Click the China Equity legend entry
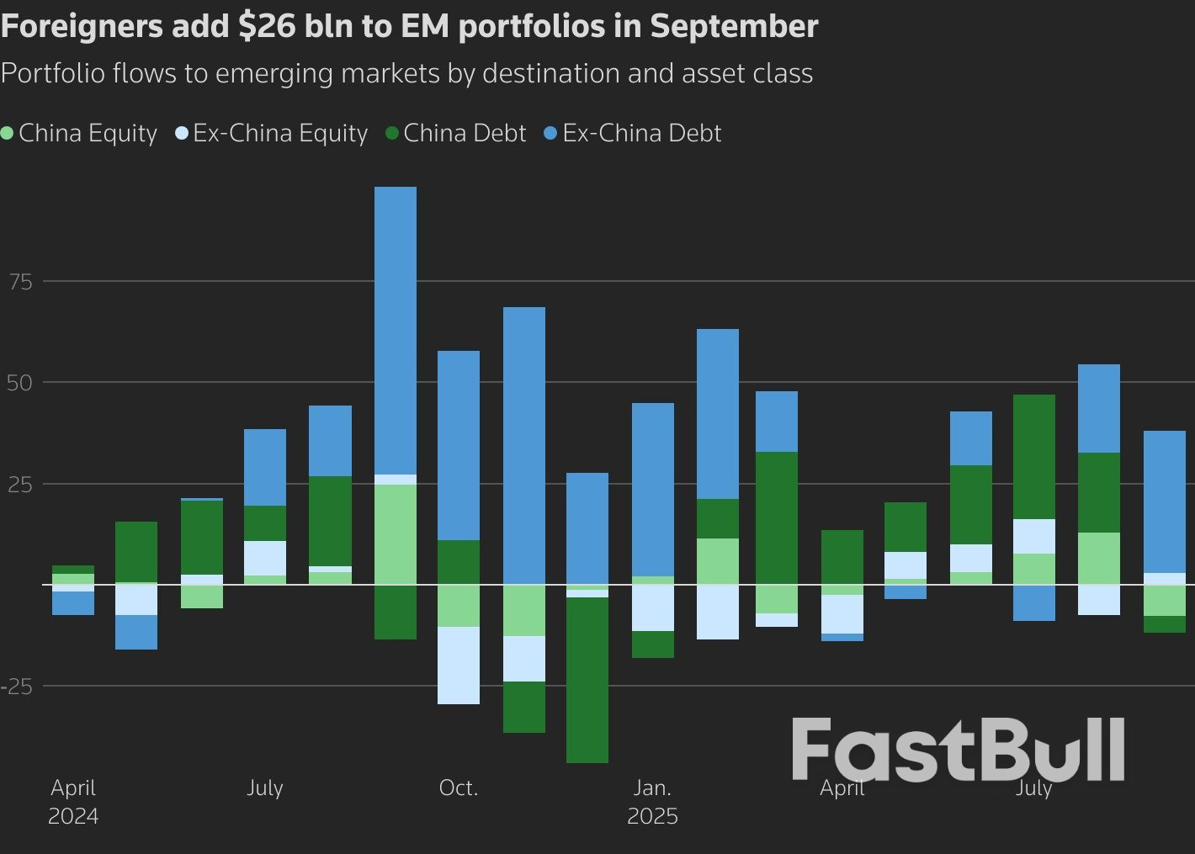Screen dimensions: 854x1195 80,133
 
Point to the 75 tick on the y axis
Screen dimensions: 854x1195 20,282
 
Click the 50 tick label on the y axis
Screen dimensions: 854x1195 20,383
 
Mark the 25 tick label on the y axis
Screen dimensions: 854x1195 20,485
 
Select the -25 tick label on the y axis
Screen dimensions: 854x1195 17,687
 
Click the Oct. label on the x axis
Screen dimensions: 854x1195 459,788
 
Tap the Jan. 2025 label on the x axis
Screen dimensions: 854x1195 652,802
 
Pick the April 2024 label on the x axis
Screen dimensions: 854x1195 73,802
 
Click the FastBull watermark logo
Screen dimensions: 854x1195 958,749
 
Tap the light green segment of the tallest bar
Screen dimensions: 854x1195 395,534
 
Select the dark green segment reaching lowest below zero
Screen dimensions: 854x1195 587,680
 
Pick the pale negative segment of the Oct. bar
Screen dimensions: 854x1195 459,665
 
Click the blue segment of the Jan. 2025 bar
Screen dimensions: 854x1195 653,489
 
